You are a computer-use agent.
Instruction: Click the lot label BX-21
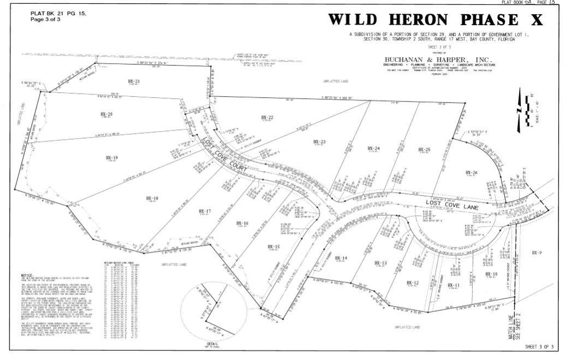[134, 81]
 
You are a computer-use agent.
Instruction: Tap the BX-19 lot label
[112, 157]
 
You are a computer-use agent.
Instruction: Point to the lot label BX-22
[267, 117]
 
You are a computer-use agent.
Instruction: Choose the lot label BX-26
[472, 173]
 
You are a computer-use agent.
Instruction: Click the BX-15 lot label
[273, 247]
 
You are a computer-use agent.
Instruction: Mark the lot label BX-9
[537, 252]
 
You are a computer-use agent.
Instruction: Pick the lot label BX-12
[413, 282]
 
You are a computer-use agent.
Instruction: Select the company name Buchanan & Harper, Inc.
[438, 60]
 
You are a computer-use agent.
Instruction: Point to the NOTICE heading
[27, 275]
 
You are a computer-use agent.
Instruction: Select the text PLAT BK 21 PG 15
[58, 13]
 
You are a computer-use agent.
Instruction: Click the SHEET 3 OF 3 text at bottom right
[539, 347]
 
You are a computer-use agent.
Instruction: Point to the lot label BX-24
[373, 148]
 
